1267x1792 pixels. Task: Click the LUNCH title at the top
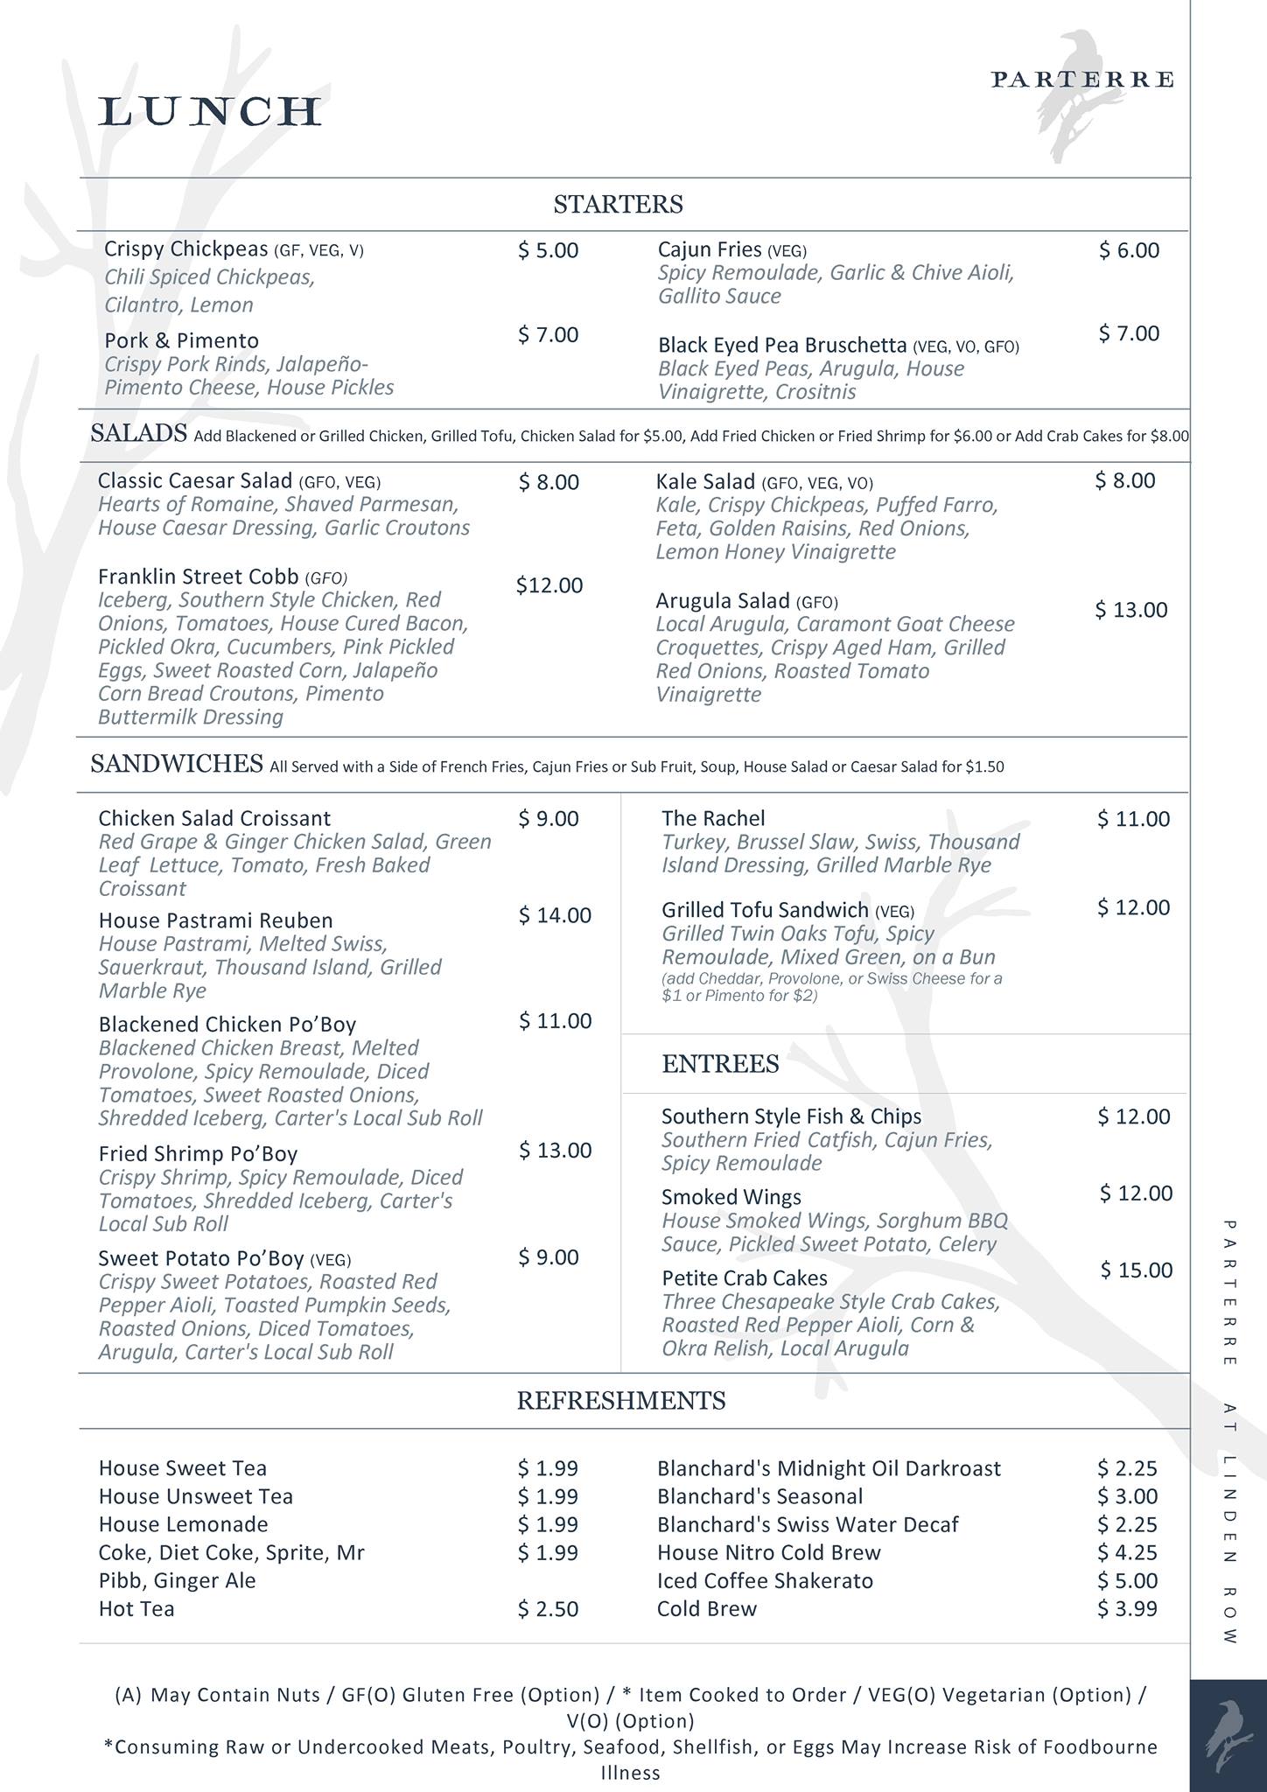coord(210,112)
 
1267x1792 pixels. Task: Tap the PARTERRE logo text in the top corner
coord(1081,80)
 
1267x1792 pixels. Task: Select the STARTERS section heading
coord(618,205)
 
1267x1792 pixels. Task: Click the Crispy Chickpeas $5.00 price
coord(548,250)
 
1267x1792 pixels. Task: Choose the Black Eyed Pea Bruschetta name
coord(782,345)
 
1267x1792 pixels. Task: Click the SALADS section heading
coord(138,433)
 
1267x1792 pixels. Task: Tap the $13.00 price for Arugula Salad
coord(1130,610)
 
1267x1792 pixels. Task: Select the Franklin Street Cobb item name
coord(199,577)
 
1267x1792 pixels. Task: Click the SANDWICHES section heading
coord(177,764)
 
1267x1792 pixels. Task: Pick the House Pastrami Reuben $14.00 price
coord(555,915)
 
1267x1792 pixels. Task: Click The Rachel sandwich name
coord(713,818)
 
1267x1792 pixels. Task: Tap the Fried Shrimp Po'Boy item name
coord(198,1153)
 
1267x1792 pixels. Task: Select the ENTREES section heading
coord(720,1064)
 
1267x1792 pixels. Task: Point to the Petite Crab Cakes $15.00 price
coord(1136,1270)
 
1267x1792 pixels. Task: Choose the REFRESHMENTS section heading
coord(620,1401)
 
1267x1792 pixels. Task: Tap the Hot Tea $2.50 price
coord(548,1608)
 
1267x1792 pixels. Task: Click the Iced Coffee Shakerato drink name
coord(765,1580)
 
